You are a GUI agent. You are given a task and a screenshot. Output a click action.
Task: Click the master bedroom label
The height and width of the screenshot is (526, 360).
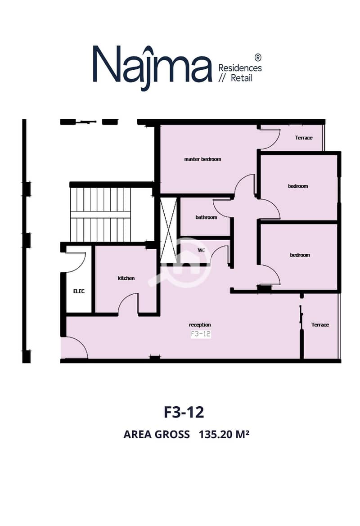click(202, 159)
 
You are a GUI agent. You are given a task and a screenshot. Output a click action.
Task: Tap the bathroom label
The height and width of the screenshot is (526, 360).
click(207, 217)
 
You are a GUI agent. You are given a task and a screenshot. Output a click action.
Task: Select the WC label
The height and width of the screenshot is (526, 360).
click(201, 250)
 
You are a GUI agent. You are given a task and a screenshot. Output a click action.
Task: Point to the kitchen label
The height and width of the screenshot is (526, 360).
click(126, 278)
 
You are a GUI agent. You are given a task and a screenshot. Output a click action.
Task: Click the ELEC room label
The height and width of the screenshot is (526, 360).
click(79, 291)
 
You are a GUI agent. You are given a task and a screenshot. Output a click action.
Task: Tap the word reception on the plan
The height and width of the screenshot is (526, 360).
click(200, 325)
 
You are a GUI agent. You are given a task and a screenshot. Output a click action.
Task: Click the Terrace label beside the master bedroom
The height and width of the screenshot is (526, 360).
click(304, 138)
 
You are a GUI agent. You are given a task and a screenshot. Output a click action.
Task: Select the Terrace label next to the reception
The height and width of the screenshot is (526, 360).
click(320, 325)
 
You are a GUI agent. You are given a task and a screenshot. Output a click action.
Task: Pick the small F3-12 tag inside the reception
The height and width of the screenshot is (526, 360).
click(201, 334)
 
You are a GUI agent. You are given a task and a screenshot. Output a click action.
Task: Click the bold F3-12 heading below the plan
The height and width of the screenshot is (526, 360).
click(184, 412)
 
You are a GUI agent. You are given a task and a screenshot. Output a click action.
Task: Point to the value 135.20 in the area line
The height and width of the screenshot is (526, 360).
click(215, 434)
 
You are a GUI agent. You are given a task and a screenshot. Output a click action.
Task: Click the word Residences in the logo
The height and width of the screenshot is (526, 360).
click(240, 68)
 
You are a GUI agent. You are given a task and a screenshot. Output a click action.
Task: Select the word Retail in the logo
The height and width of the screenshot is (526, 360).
click(242, 78)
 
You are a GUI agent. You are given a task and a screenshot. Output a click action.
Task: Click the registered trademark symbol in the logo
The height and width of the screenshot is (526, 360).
click(258, 57)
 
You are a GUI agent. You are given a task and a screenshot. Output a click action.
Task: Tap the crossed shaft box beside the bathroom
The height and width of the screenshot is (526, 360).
click(168, 230)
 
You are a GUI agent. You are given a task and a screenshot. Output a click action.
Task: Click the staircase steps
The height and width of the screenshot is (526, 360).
click(100, 214)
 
